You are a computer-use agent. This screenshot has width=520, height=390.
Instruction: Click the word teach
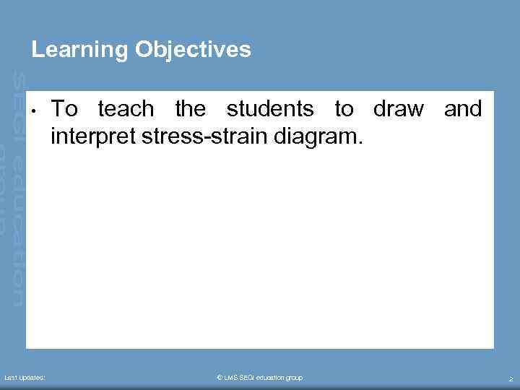[126, 110]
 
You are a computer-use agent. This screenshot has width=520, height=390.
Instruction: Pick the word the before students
[191, 110]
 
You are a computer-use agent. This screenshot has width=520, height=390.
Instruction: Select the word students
[269, 110]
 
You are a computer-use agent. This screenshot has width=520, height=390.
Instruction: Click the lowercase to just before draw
[344, 110]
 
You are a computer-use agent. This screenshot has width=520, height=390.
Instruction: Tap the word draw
[398, 110]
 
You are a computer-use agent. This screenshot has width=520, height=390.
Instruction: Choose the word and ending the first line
[462, 110]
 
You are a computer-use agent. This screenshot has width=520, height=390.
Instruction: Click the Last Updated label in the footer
[25, 378]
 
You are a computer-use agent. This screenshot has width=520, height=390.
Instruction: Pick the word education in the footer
[274, 378]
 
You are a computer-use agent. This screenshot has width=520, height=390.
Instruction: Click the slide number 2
[511, 379]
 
